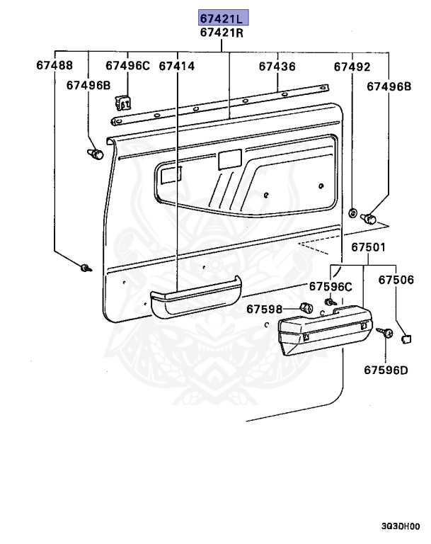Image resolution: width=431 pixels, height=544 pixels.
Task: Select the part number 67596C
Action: (330, 287)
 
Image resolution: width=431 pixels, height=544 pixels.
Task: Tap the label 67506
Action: (396, 280)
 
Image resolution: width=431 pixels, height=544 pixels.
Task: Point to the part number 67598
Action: (264, 309)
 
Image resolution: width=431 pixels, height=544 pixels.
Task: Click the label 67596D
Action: (386, 369)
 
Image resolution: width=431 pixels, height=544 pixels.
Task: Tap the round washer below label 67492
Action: (352, 212)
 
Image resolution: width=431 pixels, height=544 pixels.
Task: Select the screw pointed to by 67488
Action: (86, 268)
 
